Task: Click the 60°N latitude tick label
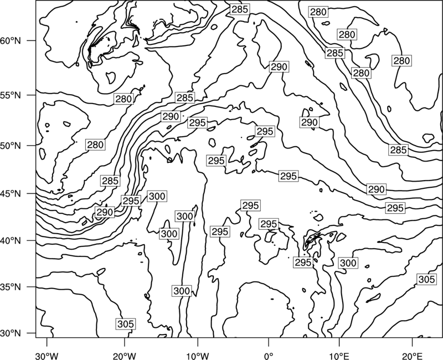tap(11, 41)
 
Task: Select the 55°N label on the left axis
tap(11, 95)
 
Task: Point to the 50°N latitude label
tap(11, 146)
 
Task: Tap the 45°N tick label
tap(11, 194)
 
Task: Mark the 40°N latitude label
tap(11, 241)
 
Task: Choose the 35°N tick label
tap(11, 287)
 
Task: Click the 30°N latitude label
tap(11, 333)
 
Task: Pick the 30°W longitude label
tap(47, 356)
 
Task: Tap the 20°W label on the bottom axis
tap(124, 356)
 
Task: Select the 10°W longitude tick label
tap(198, 356)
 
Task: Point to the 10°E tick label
tap(339, 356)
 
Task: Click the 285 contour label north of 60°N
tap(240, 9)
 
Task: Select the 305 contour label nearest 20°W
tap(126, 324)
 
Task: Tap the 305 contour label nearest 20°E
tap(426, 280)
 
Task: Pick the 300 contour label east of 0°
tap(348, 263)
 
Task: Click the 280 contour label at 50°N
tap(95, 145)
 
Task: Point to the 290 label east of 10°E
tap(377, 189)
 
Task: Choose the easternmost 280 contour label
tap(401, 60)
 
